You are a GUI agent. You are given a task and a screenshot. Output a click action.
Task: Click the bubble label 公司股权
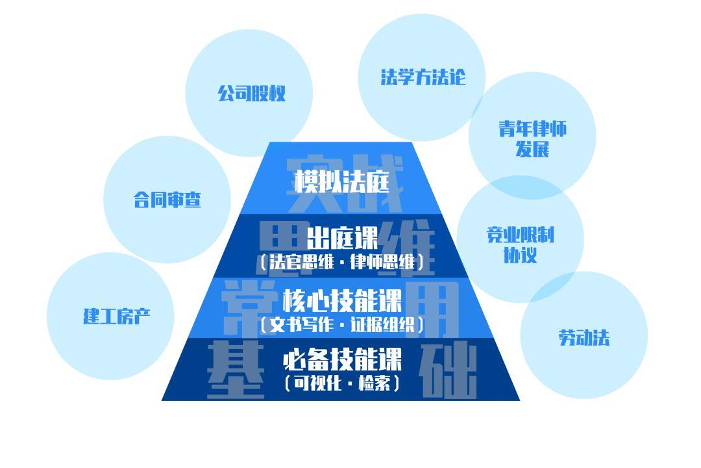[x=252, y=94]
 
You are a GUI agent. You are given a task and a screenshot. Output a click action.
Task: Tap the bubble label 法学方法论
[x=423, y=77]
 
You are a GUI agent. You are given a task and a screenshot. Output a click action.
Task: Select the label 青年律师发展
[x=532, y=138]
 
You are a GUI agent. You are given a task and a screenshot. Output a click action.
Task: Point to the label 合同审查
[x=167, y=200]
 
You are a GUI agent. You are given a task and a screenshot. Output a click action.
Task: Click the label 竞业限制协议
[x=521, y=244]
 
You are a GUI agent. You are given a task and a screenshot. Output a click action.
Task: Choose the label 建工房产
[x=117, y=317]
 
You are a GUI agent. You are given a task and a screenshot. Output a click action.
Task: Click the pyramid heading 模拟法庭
[x=342, y=181]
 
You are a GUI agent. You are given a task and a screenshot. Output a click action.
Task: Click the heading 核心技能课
[x=342, y=301]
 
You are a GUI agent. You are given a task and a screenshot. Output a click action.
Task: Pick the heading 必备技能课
[x=342, y=359]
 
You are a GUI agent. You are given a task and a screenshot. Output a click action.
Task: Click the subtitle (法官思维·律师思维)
[x=342, y=263]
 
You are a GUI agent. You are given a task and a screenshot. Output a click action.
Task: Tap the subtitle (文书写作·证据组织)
[x=342, y=324]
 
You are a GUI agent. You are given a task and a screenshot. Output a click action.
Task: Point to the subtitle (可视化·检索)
[x=342, y=383]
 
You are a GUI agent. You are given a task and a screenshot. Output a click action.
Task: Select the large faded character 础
[x=449, y=370]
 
